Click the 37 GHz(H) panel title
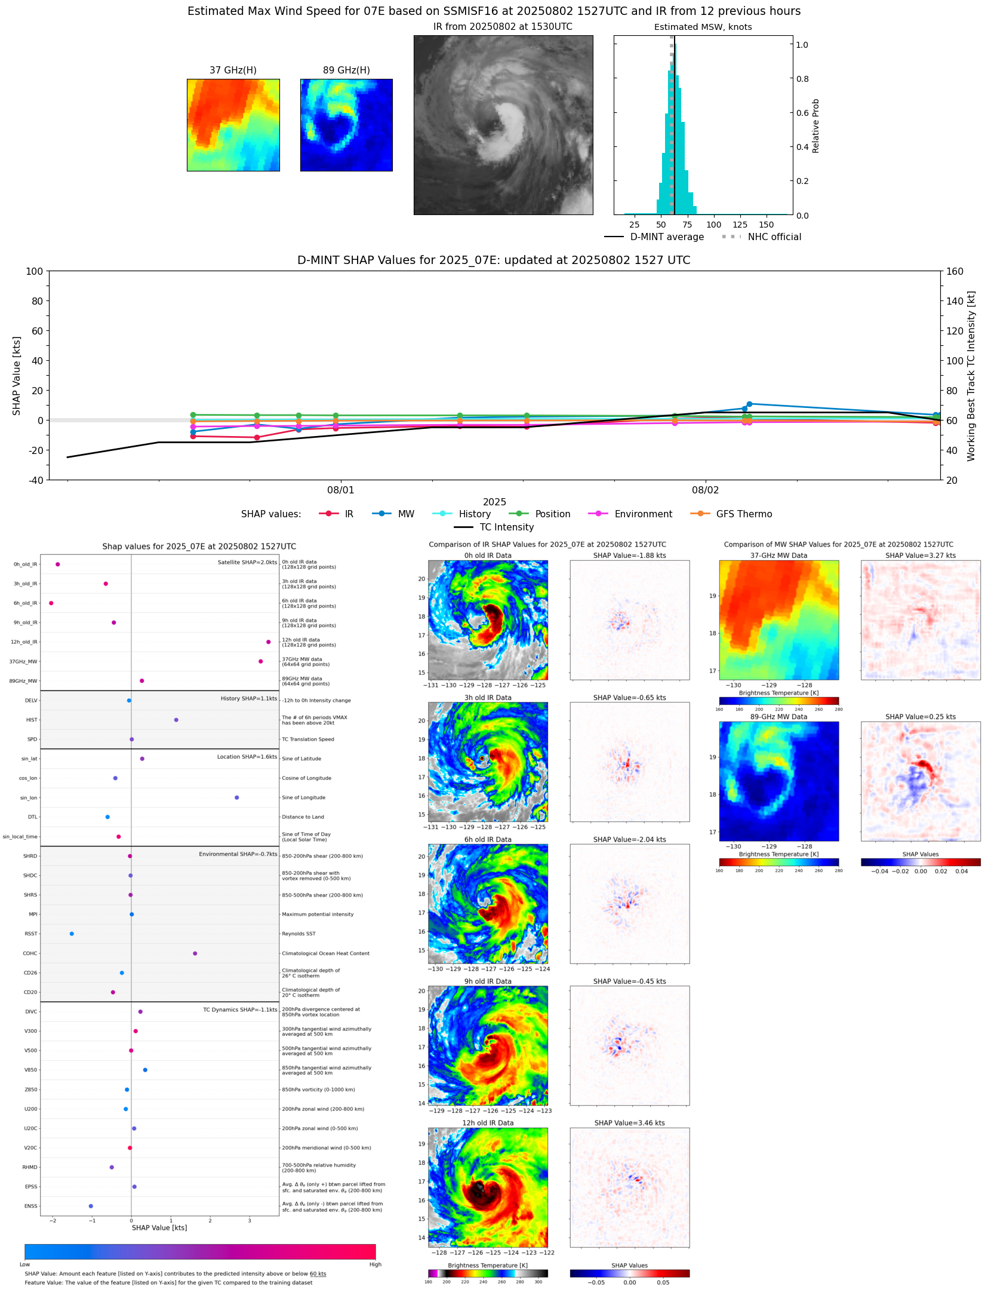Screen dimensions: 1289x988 [x=233, y=70]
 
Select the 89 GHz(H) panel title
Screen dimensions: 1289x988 [x=346, y=70]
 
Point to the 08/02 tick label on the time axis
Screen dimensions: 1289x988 [x=705, y=490]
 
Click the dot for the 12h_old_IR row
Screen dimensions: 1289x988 [x=269, y=642]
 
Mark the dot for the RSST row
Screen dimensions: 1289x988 [x=72, y=934]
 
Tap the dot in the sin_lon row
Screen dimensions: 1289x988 [x=237, y=797]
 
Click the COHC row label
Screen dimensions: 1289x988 [x=30, y=953]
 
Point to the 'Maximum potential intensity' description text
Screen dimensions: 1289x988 [x=318, y=914]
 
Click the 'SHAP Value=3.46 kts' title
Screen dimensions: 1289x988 [x=629, y=1123]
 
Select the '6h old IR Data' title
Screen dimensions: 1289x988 [x=488, y=839]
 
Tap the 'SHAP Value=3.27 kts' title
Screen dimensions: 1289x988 [x=920, y=556]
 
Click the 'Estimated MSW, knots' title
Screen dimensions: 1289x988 [x=703, y=27]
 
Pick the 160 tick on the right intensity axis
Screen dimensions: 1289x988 [x=955, y=271]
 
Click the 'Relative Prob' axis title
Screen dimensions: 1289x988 [x=815, y=125]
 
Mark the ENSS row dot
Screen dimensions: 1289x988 [x=91, y=1206]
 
